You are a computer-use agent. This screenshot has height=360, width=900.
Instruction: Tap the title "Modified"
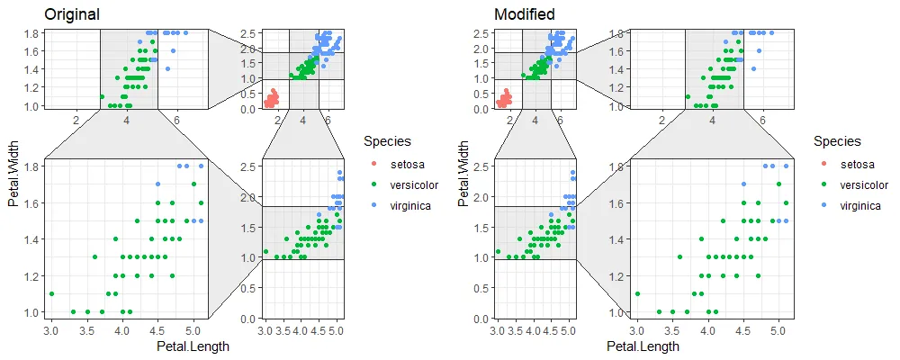pos(525,14)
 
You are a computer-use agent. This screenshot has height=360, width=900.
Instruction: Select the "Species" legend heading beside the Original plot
pos(387,141)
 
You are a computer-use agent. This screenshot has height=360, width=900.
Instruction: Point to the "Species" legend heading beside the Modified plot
pos(837,141)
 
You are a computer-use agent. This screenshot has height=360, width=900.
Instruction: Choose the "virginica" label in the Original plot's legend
pos(410,206)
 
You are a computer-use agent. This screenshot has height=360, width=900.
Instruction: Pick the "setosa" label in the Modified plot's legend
pos(856,165)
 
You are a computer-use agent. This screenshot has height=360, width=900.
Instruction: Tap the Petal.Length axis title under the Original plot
pos(193,346)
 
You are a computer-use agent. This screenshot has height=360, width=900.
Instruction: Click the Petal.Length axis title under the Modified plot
pos(643,346)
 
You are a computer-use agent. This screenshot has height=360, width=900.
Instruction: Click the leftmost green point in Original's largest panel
pos(51,293)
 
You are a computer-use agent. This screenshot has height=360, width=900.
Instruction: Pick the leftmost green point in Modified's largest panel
pos(637,293)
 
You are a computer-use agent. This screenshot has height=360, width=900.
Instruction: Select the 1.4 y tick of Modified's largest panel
pos(616,239)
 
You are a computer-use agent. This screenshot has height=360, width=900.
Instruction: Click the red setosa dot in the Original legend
pos(373,165)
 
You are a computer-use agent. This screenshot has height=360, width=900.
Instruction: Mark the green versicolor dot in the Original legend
pos(373,185)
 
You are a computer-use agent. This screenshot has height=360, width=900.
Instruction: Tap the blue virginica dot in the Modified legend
pos(823,206)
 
